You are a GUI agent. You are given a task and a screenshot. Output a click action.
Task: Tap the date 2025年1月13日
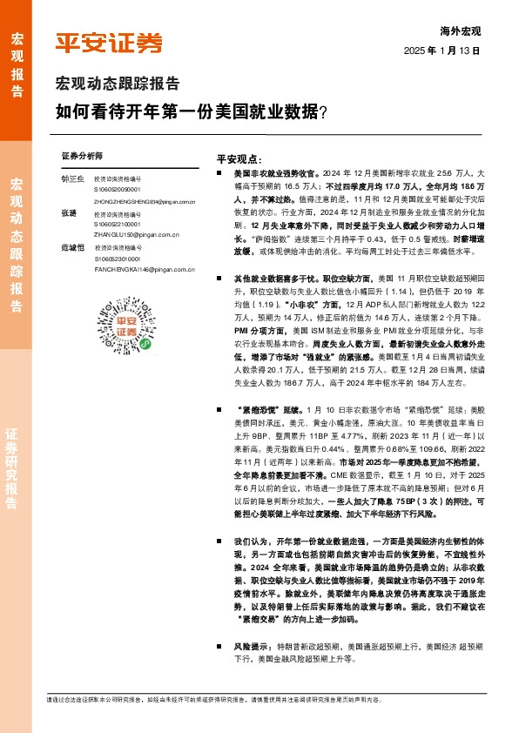442,51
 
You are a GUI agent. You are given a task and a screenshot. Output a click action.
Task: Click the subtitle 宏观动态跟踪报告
118,85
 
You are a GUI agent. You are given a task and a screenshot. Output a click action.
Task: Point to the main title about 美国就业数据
191,112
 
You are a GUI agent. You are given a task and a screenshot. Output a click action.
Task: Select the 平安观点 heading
238,160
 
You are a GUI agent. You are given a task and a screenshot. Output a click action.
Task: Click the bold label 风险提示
252,647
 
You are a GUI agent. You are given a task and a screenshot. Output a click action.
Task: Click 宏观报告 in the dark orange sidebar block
17,57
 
